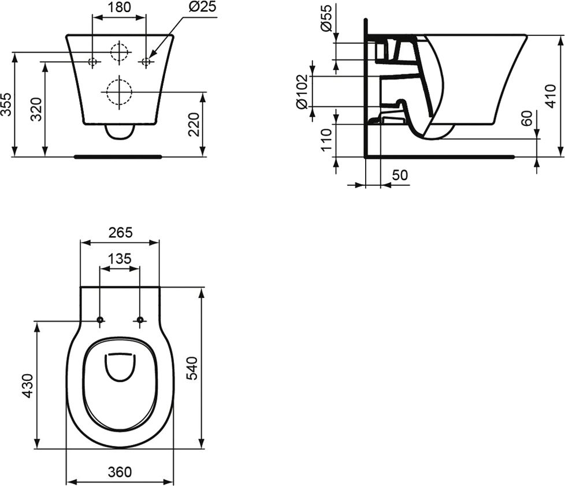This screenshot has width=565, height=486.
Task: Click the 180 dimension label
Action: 119,8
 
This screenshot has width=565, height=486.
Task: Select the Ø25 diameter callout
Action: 202,8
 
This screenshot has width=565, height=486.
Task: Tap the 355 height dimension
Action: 6,104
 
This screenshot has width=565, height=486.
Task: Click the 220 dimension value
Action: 195,124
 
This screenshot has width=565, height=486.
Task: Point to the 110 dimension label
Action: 326,140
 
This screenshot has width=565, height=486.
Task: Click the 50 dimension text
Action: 400,175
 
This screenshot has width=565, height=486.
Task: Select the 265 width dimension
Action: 120,233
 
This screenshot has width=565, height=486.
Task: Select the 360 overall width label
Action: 120,472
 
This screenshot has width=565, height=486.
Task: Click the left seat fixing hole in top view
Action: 100,320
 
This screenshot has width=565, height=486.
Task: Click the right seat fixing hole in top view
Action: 139,320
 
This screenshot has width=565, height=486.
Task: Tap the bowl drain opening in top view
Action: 120,367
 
